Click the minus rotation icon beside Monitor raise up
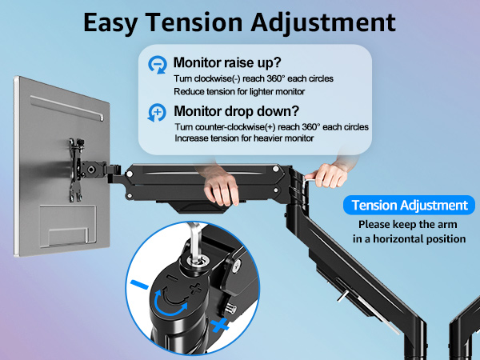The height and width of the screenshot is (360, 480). [157, 64]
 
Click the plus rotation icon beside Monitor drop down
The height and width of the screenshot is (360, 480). [157, 114]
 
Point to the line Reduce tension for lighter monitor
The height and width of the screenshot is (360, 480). [238, 91]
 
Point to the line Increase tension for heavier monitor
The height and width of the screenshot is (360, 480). [244, 139]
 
